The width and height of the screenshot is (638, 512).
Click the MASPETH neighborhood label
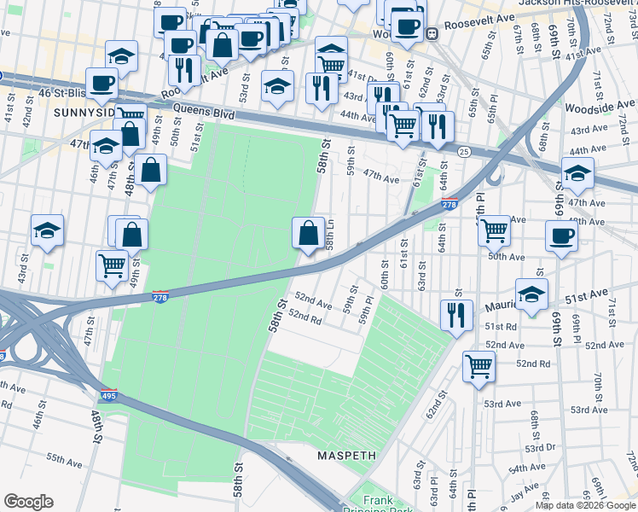(x=346, y=456)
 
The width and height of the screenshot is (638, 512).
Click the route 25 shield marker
(x=462, y=151)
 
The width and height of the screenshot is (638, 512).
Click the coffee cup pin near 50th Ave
(x=561, y=236)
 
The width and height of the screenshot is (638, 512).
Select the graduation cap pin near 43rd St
(x=48, y=230)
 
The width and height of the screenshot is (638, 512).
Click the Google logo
(x=29, y=501)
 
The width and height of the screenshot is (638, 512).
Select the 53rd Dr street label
(x=540, y=448)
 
